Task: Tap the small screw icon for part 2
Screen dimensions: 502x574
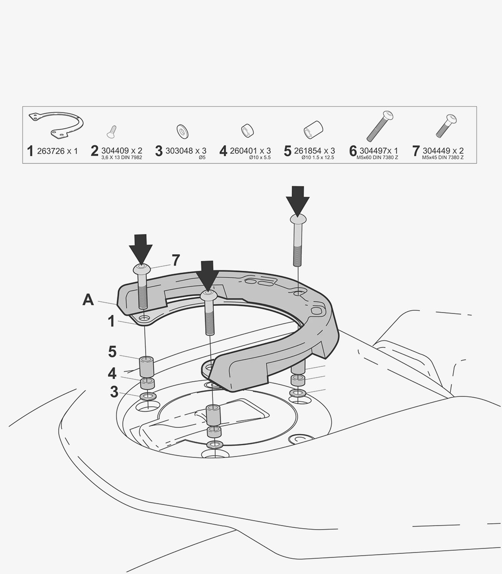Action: (112, 131)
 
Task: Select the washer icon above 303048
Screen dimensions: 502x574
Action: (182, 131)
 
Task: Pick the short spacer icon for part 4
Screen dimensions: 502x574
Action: (247, 130)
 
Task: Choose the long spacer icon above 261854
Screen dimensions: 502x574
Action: (313, 130)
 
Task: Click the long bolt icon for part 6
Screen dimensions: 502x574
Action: (380, 126)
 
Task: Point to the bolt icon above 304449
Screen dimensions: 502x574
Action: (446, 126)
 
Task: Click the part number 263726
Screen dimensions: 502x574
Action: (51, 151)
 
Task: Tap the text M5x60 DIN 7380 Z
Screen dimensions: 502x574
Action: (377, 158)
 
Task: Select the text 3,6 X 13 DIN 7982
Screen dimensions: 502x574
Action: (122, 158)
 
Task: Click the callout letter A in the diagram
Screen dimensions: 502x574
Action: (88, 300)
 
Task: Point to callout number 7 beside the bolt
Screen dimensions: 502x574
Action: (176, 260)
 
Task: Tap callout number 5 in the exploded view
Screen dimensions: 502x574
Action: (113, 352)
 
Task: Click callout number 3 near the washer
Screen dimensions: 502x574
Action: (114, 391)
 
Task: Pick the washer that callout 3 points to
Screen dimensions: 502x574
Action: (147, 396)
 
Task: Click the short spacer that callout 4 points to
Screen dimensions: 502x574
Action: (147, 383)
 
